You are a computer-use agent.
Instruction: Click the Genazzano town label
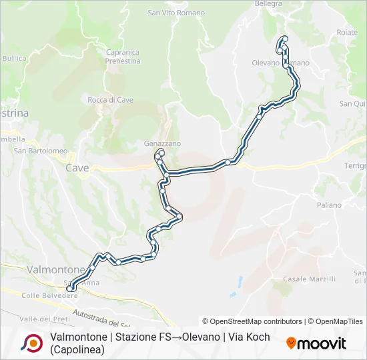pos(162,143)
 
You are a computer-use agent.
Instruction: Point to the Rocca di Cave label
pos(111,100)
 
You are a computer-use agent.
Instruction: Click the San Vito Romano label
pos(173,13)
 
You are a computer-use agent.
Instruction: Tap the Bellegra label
pos(269,4)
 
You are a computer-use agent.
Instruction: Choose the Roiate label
pos(347,32)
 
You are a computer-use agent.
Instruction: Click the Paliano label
pos(329,205)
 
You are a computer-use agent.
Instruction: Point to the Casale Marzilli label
pos(309,279)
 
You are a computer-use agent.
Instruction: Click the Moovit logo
pos(316,343)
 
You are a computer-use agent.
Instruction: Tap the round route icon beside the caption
pos(31,343)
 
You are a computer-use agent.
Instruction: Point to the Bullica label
pos(14,59)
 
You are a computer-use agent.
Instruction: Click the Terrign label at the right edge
pos(355,165)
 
